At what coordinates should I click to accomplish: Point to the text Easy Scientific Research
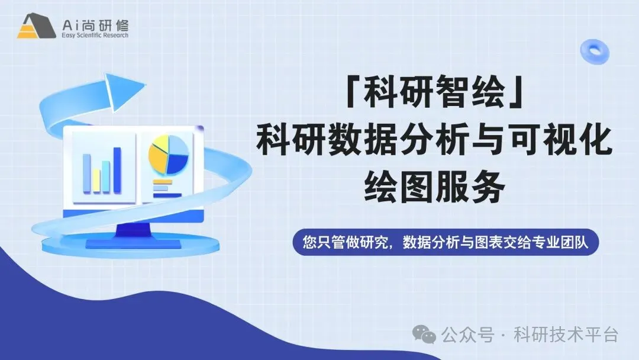point(95,36)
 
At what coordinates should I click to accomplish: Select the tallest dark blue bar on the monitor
point(117,170)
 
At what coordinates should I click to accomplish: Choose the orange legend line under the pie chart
point(163,182)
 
